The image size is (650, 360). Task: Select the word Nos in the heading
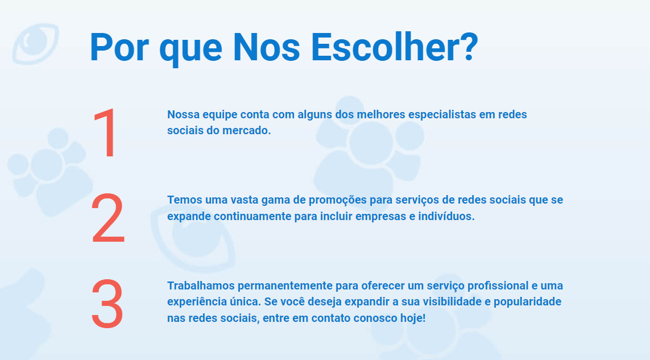click(x=266, y=47)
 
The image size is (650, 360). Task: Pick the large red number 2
click(x=108, y=218)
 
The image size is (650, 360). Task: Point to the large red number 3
click(x=107, y=304)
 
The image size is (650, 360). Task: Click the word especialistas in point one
click(x=442, y=114)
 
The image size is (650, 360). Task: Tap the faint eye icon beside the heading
click(x=35, y=44)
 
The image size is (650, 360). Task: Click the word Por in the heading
click(x=119, y=47)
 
